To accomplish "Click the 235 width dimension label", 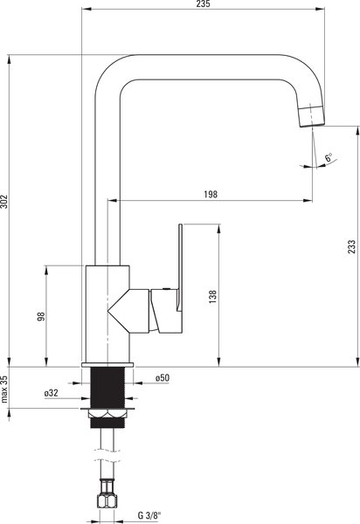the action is click(204, 4).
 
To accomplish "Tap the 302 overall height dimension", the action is click(4, 201).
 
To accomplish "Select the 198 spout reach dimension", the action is click(211, 194).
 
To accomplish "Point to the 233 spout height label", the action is click(351, 246).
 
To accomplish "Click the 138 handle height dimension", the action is click(213, 297).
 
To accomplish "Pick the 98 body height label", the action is click(41, 316).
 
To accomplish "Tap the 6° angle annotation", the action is click(329, 157).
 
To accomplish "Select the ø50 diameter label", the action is click(163, 378).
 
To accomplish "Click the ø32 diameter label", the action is click(52, 393).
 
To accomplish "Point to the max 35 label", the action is click(4, 389).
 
